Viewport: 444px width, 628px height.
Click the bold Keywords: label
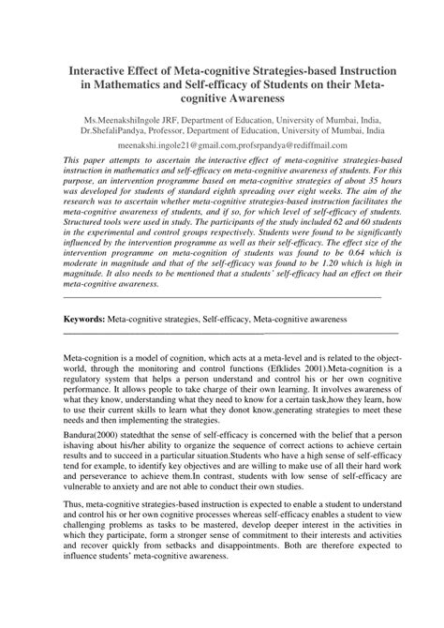coord(83,320)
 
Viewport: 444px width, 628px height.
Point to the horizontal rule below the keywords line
coord(229,333)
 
